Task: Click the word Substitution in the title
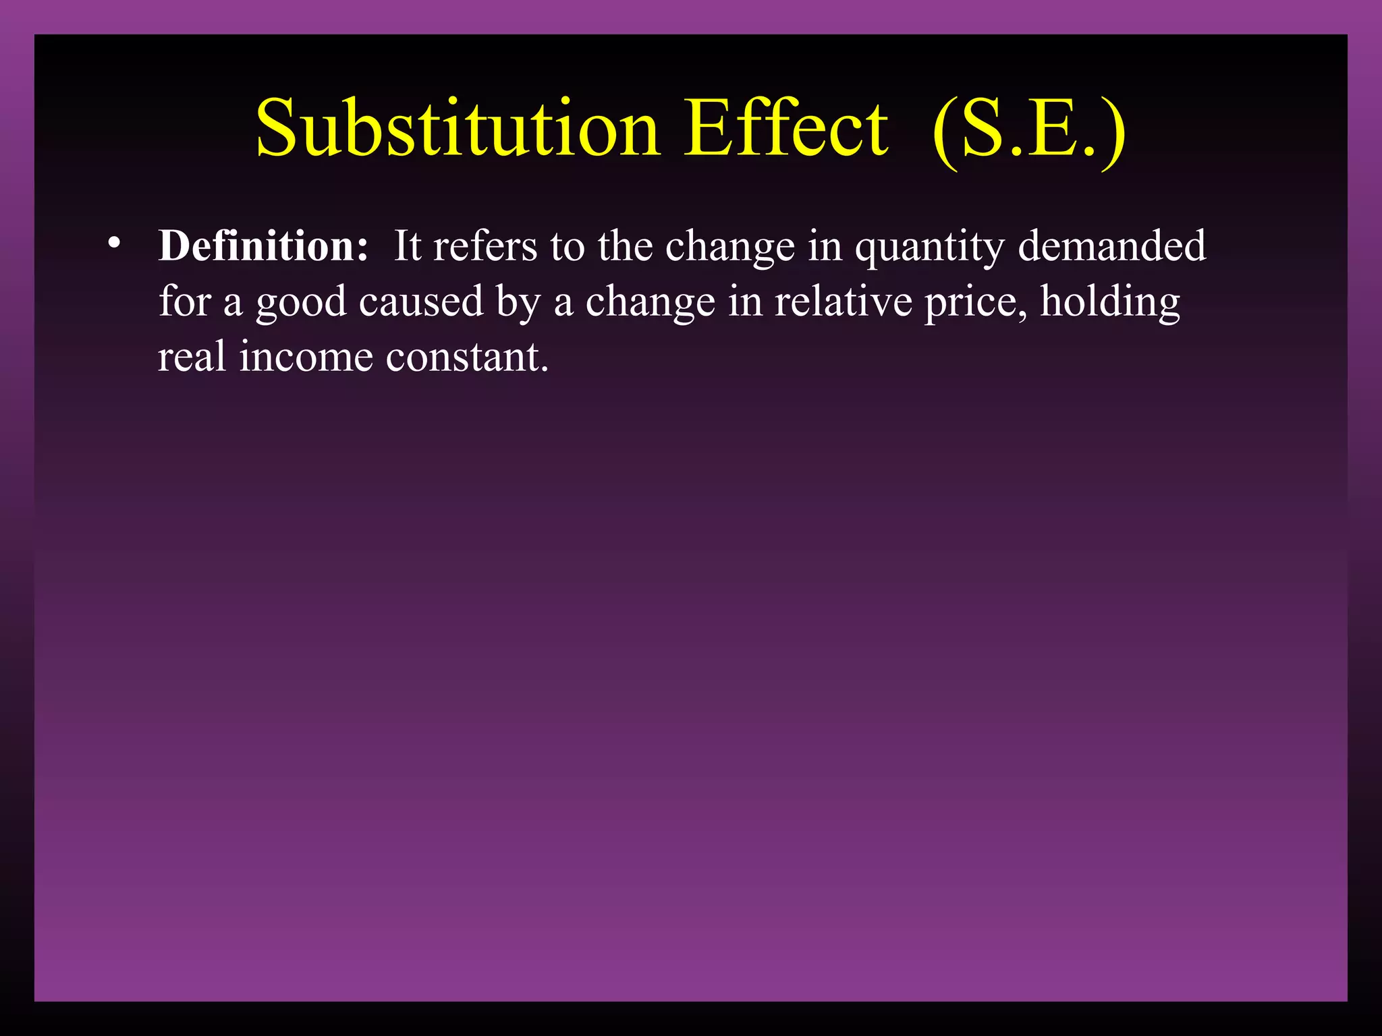(x=458, y=128)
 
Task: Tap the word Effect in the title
(x=785, y=128)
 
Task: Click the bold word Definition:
(x=263, y=246)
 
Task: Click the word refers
(x=485, y=246)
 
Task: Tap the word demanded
(x=1111, y=246)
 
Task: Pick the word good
(x=301, y=302)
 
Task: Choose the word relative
(x=844, y=301)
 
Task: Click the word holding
(x=1110, y=301)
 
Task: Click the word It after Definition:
(x=408, y=246)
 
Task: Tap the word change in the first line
(x=730, y=247)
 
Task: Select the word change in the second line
(x=650, y=302)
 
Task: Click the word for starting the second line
(x=185, y=301)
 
